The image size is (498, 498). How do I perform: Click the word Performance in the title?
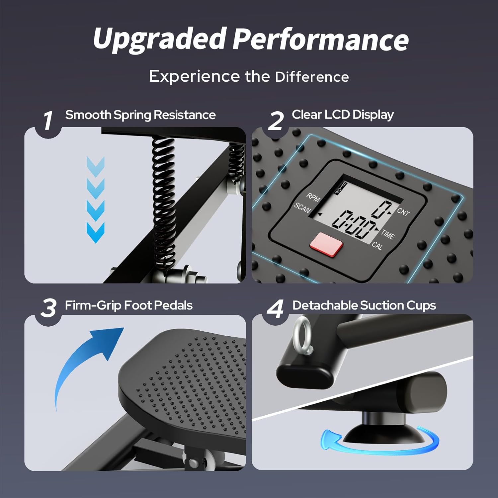click(x=320, y=39)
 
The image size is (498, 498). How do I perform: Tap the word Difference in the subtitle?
click(x=312, y=77)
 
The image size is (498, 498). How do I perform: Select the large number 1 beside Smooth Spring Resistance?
click(x=48, y=121)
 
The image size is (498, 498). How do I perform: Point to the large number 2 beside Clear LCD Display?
click(x=276, y=121)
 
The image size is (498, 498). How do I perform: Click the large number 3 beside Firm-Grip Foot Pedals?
click(x=48, y=308)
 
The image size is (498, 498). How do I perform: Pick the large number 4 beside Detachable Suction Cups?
click(x=276, y=308)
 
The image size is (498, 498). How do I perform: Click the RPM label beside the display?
click(x=313, y=198)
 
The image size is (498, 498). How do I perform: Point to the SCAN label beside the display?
click(x=302, y=208)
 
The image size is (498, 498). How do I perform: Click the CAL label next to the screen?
click(x=377, y=246)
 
